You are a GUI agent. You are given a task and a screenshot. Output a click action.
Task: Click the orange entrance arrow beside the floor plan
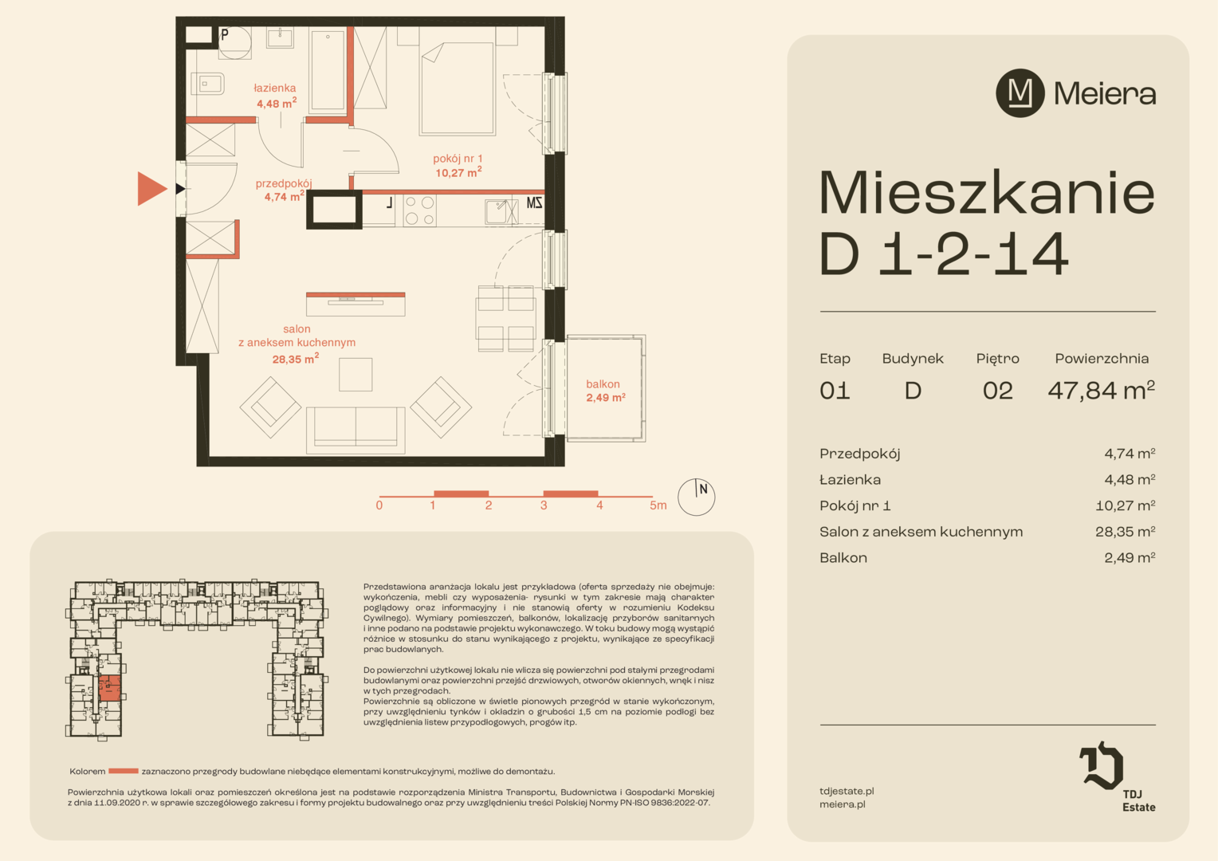[151, 189]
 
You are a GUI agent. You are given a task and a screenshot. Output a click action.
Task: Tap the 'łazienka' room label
[275, 88]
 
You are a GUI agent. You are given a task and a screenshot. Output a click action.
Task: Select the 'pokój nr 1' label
[458, 159]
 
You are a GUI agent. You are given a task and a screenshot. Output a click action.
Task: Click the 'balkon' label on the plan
[603, 384]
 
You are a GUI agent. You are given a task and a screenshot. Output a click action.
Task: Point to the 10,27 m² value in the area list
[1125, 505]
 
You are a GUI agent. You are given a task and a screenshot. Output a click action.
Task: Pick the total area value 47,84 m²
[1102, 390]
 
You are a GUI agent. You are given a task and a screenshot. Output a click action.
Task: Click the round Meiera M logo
[1020, 93]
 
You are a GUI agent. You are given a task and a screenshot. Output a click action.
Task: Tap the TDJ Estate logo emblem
[1101, 765]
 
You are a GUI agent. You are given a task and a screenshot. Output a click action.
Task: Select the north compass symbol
[696, 497]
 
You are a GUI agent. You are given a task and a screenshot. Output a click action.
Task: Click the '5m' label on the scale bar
[658, 505]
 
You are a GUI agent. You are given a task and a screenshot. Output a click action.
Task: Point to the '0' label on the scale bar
[379, 505]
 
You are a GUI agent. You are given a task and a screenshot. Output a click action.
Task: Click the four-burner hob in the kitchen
[419, 210]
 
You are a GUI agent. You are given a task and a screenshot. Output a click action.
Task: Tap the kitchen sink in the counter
[499, 211]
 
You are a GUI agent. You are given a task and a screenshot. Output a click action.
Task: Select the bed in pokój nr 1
[457, 88]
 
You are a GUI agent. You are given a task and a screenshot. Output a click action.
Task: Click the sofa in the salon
[356, 430]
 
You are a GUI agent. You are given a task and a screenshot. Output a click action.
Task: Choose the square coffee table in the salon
[356, 374]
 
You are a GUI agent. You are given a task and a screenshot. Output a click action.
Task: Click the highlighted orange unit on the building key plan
[109, 689]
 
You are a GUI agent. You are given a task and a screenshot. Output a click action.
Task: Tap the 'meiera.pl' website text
[843, 804]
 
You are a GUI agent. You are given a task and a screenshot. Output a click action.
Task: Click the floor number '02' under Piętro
[997, 391]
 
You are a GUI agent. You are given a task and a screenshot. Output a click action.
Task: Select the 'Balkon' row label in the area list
[843, 557]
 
